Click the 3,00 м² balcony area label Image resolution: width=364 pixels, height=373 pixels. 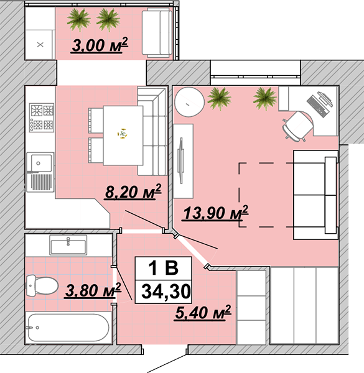coord(100,45)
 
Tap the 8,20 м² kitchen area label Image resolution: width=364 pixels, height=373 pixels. coord(133,191)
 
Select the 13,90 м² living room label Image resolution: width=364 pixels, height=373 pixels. coord(216,213)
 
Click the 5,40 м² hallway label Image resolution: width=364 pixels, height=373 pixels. coord(203,312)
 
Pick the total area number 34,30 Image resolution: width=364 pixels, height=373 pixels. coord(166,292)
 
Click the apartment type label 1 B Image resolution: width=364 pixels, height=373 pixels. coord(163,268)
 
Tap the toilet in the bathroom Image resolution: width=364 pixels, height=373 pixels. coord(42,286)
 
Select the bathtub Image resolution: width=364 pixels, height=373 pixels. coord(68,328)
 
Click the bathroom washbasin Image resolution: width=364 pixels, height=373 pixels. coord(68,245)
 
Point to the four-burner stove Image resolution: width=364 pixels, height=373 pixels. coord(42,117)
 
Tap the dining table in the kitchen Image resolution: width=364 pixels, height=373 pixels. coord(123,136)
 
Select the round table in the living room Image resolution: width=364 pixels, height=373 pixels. coord(189,102)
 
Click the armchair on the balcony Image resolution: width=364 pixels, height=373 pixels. coord(157,32)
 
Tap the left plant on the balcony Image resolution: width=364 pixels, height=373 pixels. coord(78,20)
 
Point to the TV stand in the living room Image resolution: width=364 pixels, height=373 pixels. coord(183,161)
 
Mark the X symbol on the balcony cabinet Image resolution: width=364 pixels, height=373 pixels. coord(40,45)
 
